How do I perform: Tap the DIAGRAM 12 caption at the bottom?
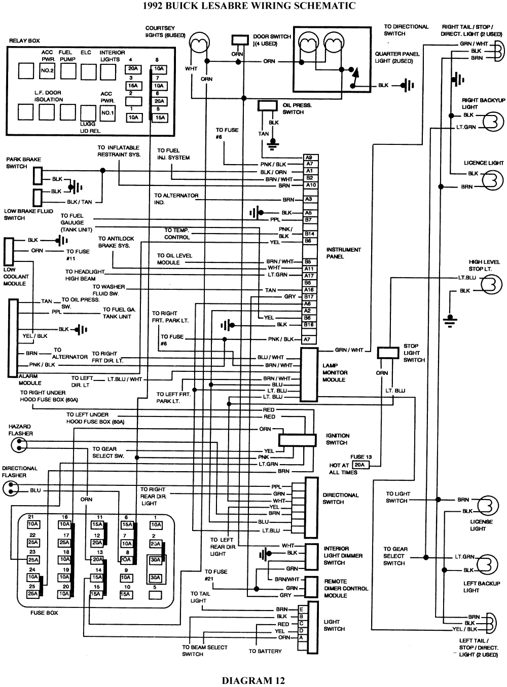[253, 680]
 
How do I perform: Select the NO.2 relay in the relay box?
[47, 71]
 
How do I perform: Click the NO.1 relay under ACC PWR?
[107, 112]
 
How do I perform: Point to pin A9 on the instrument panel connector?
[309, 158]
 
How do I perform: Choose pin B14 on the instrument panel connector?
[309, 234]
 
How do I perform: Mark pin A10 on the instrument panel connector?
[310, 185]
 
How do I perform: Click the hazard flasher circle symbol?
[16, 445]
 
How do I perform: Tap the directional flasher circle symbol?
[10, 489]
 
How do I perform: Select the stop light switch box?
[388, 353]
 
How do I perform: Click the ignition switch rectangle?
[297, 440]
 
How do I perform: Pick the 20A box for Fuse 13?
[359, 465]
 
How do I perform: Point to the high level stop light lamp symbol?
[491, 284]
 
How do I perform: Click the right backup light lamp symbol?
[493, 121]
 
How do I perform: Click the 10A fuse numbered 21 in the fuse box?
[33, 524]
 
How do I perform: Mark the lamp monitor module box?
[309, 374]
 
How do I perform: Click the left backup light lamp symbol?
[487, 563]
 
